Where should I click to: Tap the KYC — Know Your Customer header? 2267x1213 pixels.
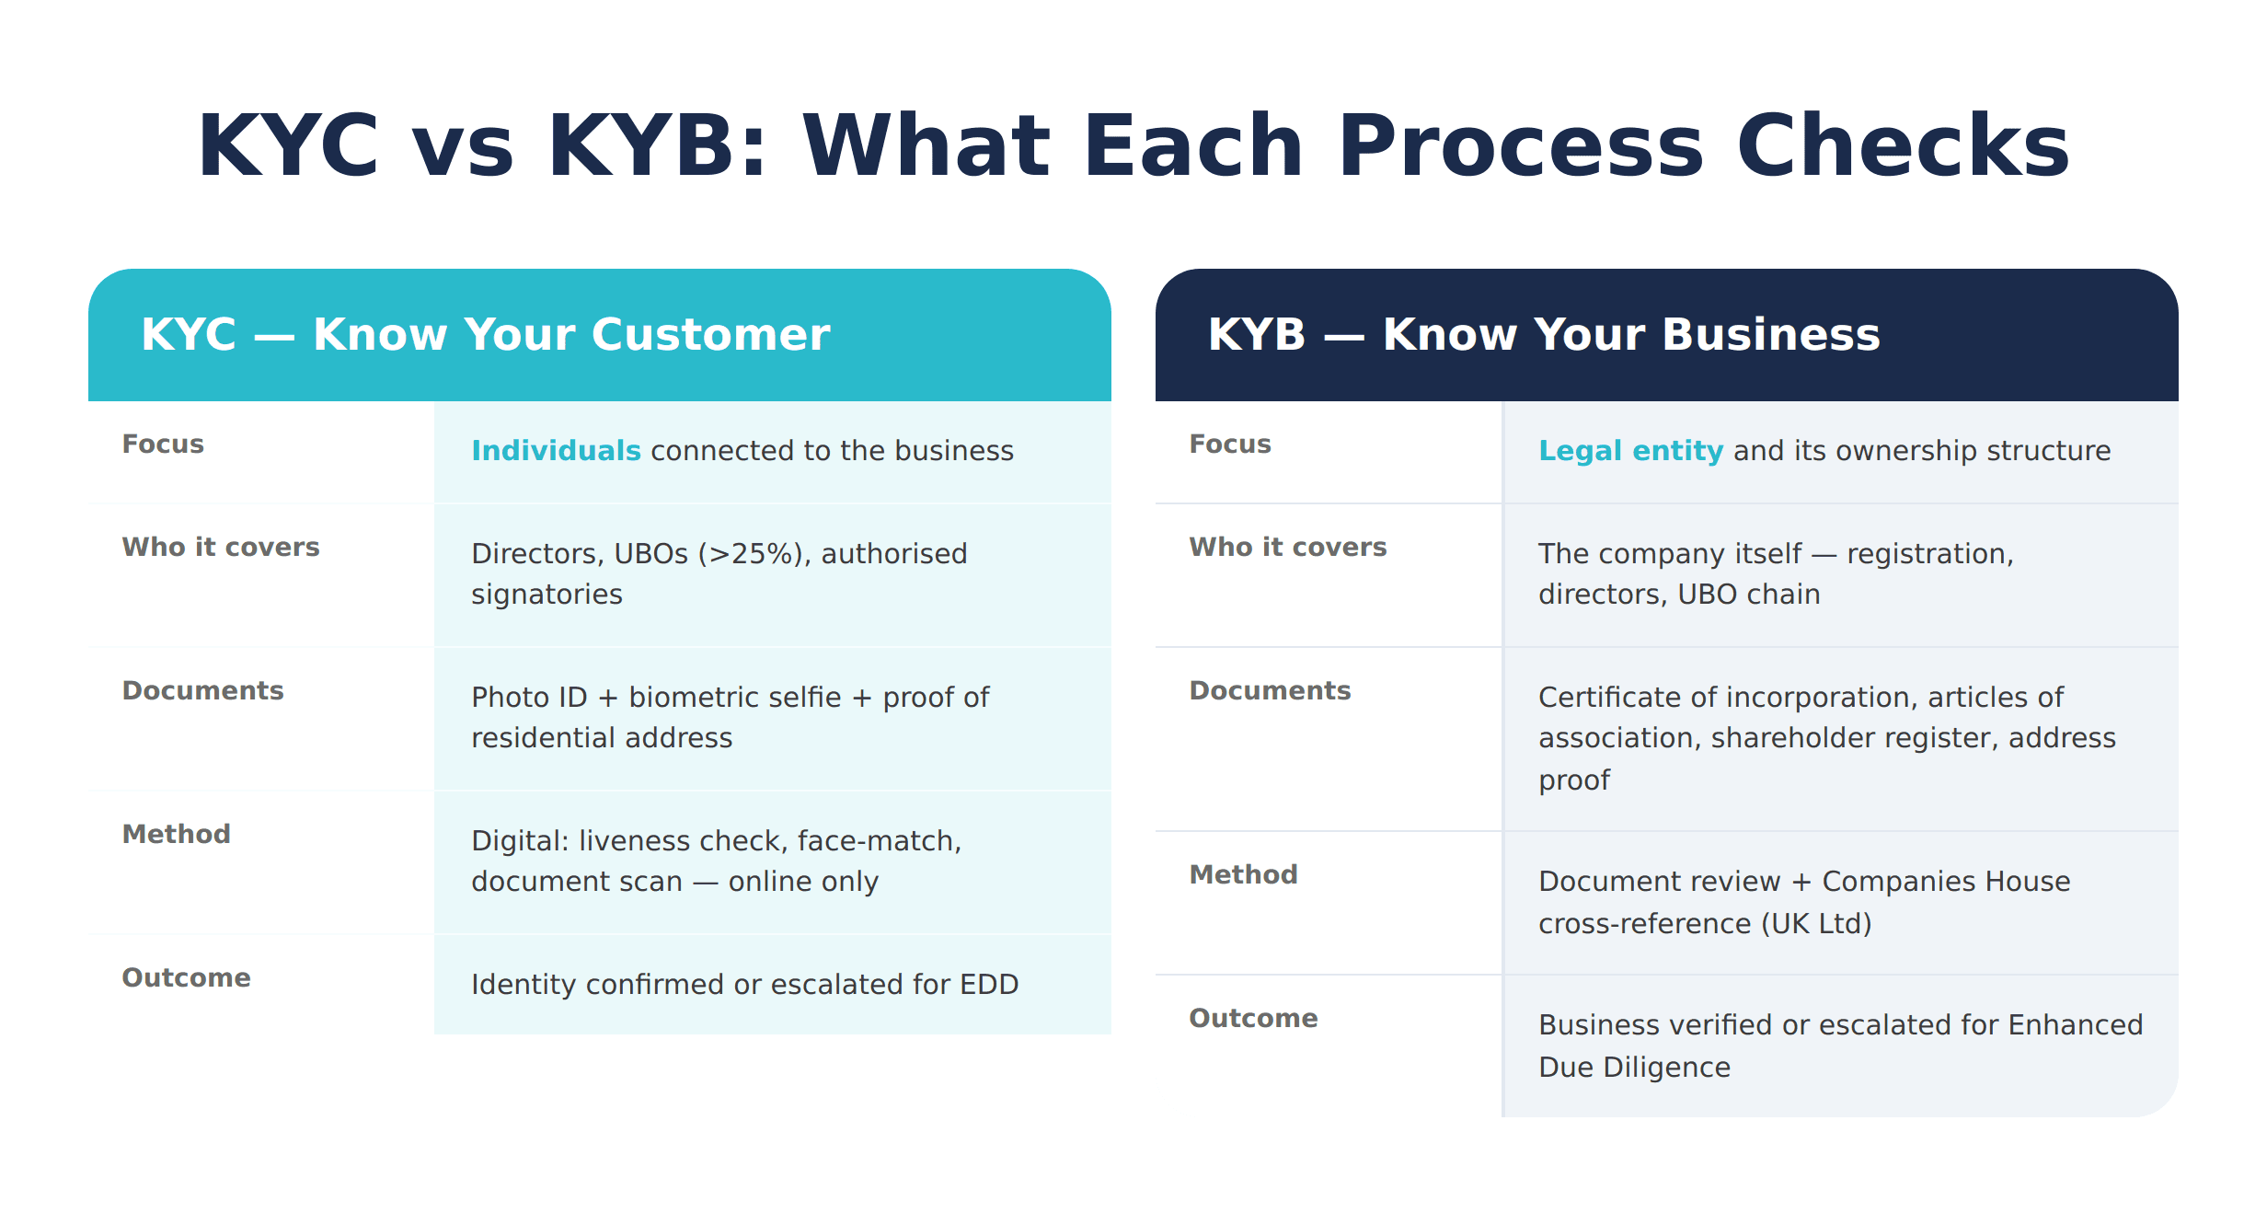tap(485, 334)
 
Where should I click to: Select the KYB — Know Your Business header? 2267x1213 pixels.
tap(1543, 334)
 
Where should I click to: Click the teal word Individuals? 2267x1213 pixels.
tap(556, 451)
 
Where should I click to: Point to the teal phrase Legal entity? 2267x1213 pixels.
tap(1630, 451)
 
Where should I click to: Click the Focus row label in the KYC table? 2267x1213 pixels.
tap(163, 445)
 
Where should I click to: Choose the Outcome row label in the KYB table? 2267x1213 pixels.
tap(1253, 1019)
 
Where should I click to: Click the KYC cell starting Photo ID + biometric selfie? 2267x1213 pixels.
tap(730, 718)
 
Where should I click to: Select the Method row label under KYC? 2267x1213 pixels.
tap(176, 835)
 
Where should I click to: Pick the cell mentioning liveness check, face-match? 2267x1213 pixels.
tap(716, 861)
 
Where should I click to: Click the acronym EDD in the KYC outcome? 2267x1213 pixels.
tap(989, 985)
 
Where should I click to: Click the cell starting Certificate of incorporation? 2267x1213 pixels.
tap(1826, 738)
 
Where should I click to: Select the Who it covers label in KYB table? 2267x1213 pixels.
tap(1287, 548)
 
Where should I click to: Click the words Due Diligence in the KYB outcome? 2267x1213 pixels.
tap(1634, 1068)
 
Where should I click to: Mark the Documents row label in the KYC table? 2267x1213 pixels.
tap(202, 691)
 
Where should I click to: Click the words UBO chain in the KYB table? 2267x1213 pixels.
tap(1748, 595)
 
